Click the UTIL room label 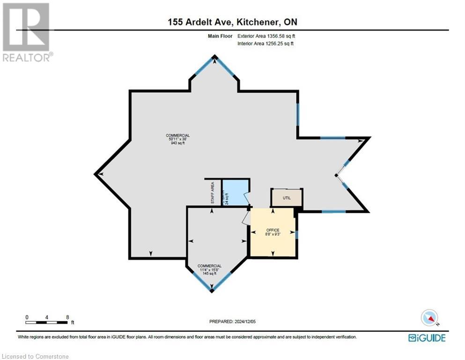287,198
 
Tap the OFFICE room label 273,230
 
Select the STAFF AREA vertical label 212,192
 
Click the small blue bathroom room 234,193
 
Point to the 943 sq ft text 177,143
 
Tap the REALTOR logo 27,32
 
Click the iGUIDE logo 427,337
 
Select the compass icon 429,318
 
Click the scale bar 47,322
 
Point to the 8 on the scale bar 68,317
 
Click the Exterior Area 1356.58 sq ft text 266,36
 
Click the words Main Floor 221,36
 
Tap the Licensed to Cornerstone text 35,357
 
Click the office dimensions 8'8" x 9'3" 273,234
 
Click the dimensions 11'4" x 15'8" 209,270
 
